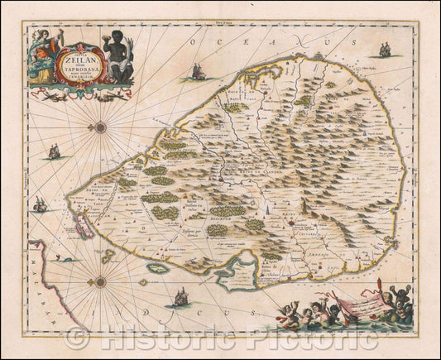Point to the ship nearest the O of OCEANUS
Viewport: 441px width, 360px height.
pyautogui.click(x=197, y=72)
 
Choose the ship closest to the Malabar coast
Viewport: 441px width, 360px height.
pyautogui.click(x=39, y=203)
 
